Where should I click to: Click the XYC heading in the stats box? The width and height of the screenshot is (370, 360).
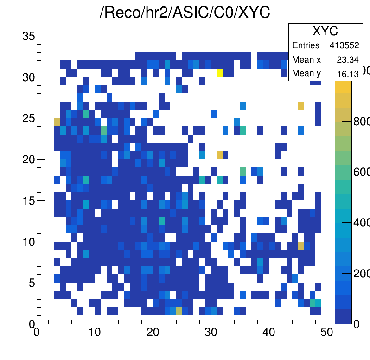click(325, 31)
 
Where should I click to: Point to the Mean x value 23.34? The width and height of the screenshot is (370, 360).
click(349, 60)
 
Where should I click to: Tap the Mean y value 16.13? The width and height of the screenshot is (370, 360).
click(349, 74)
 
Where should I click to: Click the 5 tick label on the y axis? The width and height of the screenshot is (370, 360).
click(31, 283)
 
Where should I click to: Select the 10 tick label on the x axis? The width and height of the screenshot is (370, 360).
click(95, 332)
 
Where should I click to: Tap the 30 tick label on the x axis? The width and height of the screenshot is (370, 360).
click(211, 332)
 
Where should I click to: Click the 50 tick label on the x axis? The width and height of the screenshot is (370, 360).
click(327, 332)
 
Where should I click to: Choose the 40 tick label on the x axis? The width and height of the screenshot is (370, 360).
click(269, 332)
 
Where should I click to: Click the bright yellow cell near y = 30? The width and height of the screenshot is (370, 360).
click(220, 72)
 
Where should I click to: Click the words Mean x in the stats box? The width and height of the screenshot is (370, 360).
click(306, 60)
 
